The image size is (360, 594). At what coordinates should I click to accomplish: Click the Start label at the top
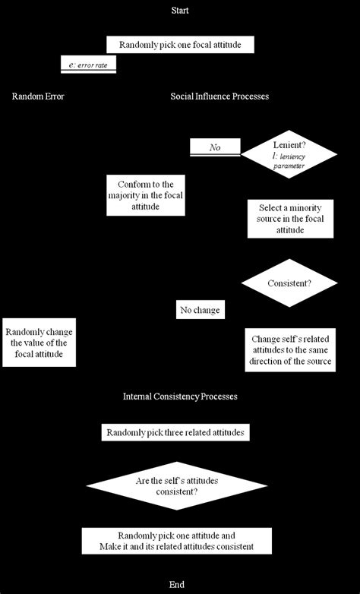pyautogui.click(x=180, y=11)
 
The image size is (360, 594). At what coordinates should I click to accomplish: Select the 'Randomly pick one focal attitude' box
pyautogui.click(x=180, y=45)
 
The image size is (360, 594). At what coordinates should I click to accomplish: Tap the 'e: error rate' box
pyautogui.click(x=88, y=65)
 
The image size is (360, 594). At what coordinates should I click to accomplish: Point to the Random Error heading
pyautogui.click(x=38, y=96)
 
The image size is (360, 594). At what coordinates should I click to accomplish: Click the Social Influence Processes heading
pyautogui.click(x=219, y=96)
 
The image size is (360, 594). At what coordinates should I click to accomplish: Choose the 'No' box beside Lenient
pyautogui.click(x=215, y=147)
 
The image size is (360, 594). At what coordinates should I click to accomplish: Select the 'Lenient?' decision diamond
pyautogui.click(x=289, y=153)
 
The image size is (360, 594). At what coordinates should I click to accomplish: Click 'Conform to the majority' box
pyautogui.click(x=146, y=195)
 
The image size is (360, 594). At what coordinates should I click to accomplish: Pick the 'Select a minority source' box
pyautogui.click(x=290, y=219)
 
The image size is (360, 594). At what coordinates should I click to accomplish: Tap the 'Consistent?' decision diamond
pyautogui.click(x=289, y=283)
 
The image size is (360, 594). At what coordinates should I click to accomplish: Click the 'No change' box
pyautogui.click(x=201, y=310)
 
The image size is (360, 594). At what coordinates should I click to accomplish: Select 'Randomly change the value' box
pyautogui.click(x=39, y=343)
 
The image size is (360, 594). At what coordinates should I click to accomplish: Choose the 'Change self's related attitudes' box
pyautogui.click(x=291, y=351)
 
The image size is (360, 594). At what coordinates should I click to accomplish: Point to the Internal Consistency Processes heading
pyautogui.click(x=180, y=397)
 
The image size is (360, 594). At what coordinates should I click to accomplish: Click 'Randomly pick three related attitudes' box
pyautogui.click(x=176, y=432)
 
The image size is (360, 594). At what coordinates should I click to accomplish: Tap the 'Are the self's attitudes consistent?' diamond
pyautogui.click(x=177, y=486)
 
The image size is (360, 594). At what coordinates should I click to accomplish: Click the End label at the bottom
pyautogui.click(x=177, y=584)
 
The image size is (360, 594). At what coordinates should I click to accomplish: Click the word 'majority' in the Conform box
pyautogui.click(x=126, y=195)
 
